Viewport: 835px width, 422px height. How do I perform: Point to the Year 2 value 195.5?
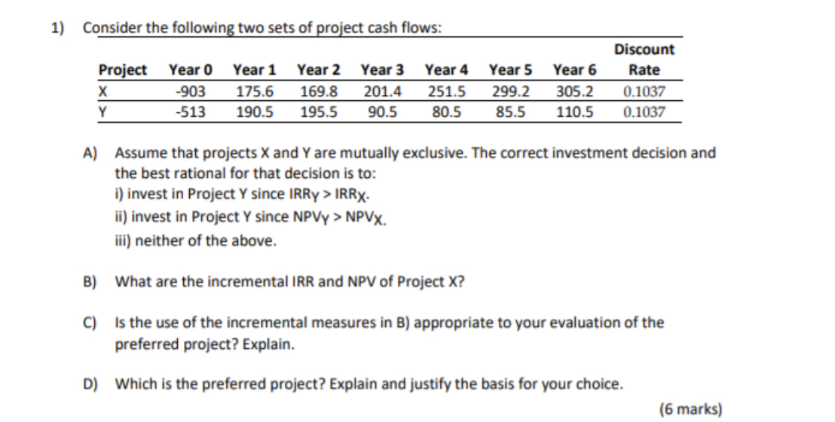tap(319, 113)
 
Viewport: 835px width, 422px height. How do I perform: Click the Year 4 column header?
tap(446, 70)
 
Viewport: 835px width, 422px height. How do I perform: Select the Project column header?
tap(123, 70)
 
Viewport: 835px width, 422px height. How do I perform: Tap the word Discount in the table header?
tap(644, 50)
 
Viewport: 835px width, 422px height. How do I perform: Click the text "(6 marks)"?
tap(690, 409)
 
